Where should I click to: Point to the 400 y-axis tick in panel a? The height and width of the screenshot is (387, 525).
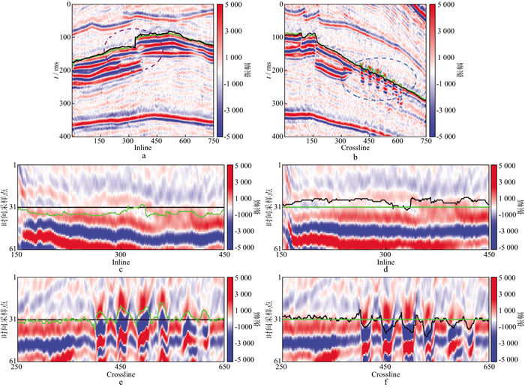point(64,136)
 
